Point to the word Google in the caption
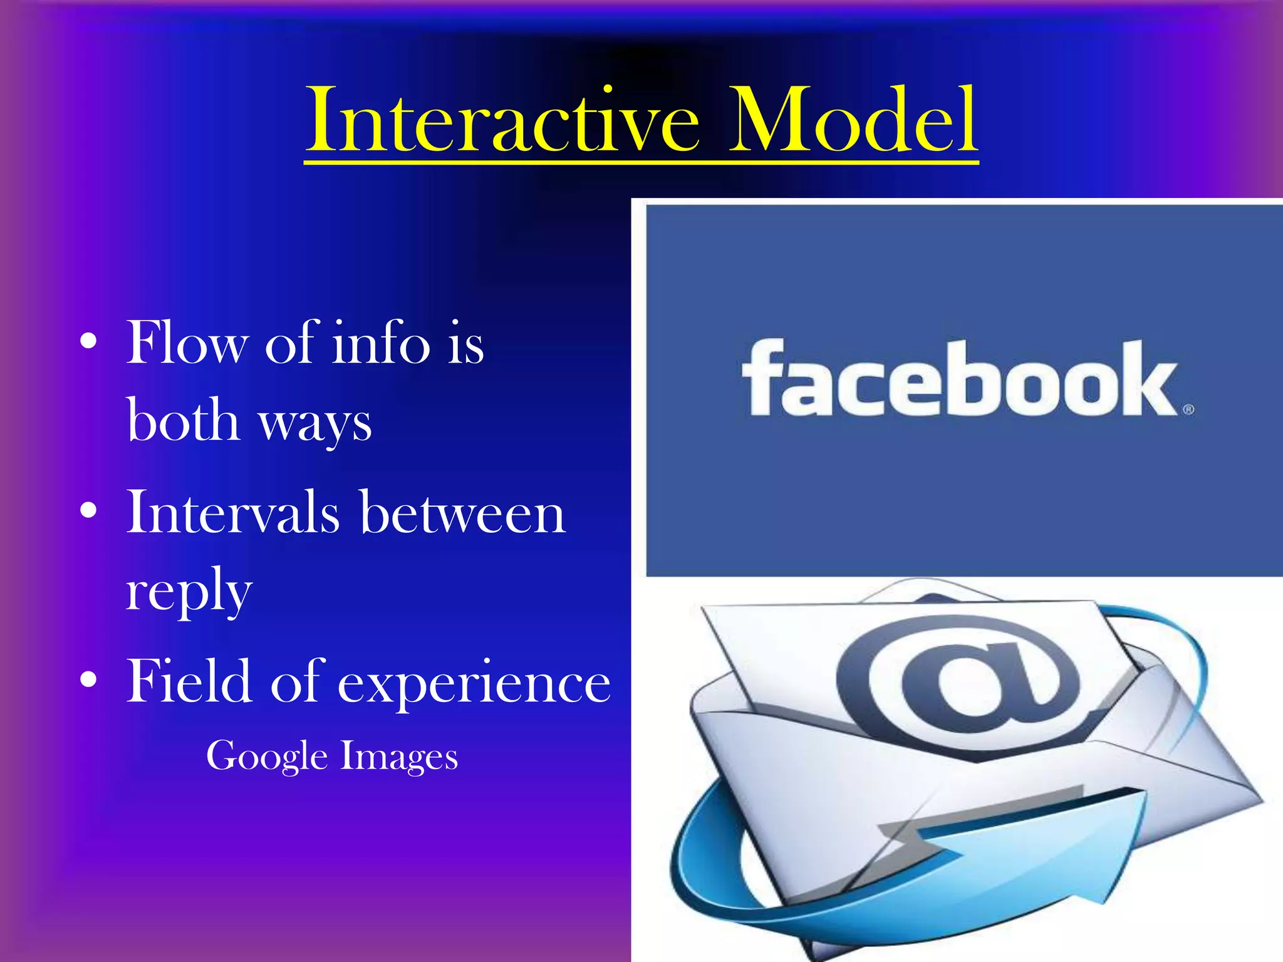click(267, 757)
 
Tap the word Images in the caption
click(399, 757)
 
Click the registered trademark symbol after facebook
click(1188, 410)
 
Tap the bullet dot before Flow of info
click(89, 342)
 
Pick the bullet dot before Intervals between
click(89, 511)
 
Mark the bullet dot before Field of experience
click(89, 680)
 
